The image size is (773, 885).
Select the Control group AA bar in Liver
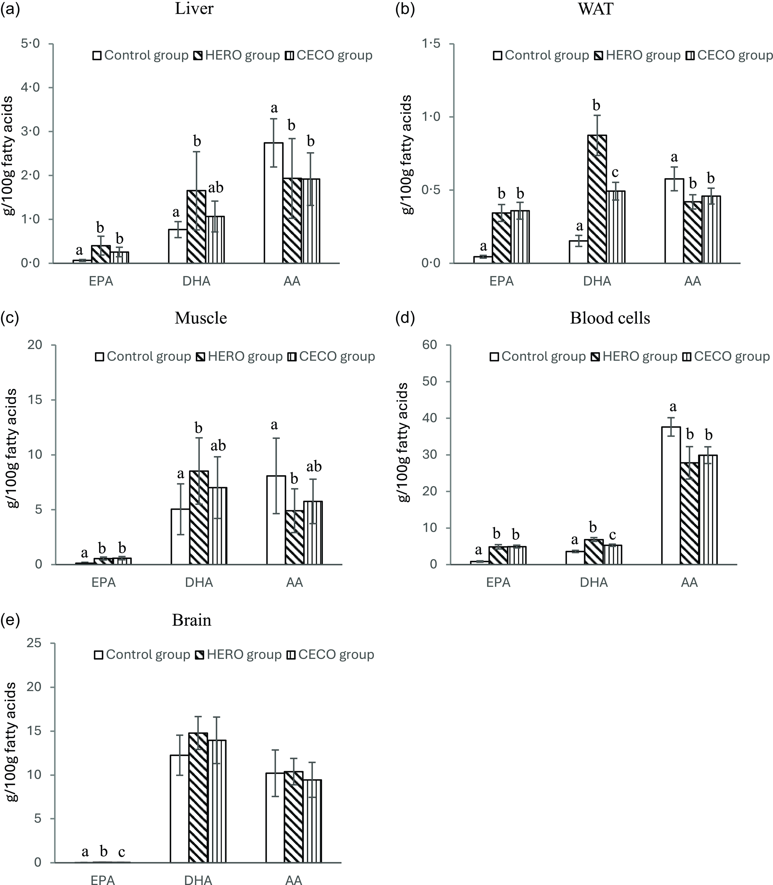pos(273,203)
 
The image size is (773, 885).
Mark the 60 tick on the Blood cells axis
pos(430,345)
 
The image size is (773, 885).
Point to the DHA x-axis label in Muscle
pos(199,583)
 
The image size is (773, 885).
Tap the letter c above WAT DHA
pos(615,172)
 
